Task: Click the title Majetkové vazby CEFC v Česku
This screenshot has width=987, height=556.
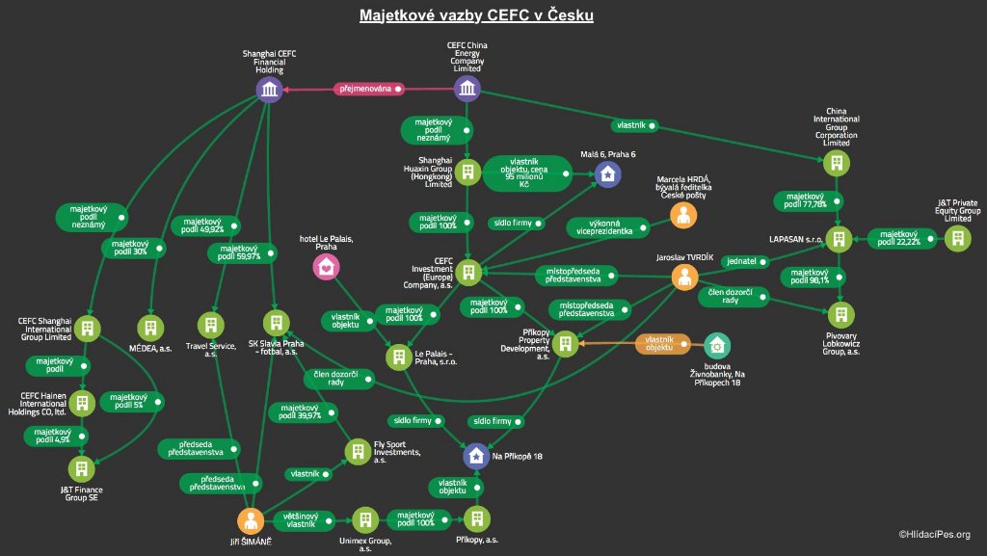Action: tap(476, 15)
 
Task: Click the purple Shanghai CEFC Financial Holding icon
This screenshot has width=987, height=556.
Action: tap(270, 91)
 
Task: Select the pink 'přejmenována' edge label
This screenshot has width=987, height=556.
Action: tap(367, 90)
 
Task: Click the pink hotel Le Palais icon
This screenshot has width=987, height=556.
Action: tap(326, 267)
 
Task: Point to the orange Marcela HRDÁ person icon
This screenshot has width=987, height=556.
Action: tap(684, 215)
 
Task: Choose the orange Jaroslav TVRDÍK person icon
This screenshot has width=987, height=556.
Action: tap(684, 278)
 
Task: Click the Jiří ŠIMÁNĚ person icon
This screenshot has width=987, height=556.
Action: tap(251, 521)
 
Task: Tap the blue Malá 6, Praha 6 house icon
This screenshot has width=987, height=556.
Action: tap(607, 173)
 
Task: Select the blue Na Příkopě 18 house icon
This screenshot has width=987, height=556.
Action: tap(475, 456)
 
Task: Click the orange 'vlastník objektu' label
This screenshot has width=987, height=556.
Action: tap(664, 344)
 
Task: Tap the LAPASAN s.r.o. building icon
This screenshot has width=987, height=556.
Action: tap(840, 238)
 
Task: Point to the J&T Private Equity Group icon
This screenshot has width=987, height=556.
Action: tap(956, 238)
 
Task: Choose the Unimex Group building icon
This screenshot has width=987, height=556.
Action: tap(364, 520)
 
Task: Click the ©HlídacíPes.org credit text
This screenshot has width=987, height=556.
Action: tap(934, 534)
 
